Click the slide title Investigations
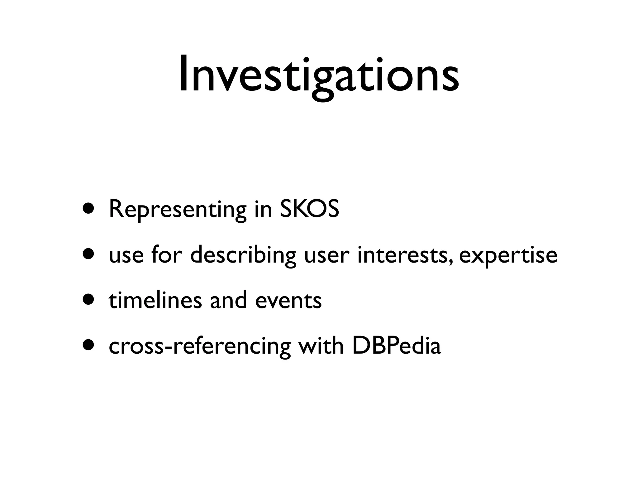pyautogui.click(x=319, y=75)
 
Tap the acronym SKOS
pyautogui.click(x=309, y=209)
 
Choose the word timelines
pyautogui.click(x=155, y=300)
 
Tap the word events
pyautogui.click(x=288, y=301)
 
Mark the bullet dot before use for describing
pyautogui.click(x=88, y=254)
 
